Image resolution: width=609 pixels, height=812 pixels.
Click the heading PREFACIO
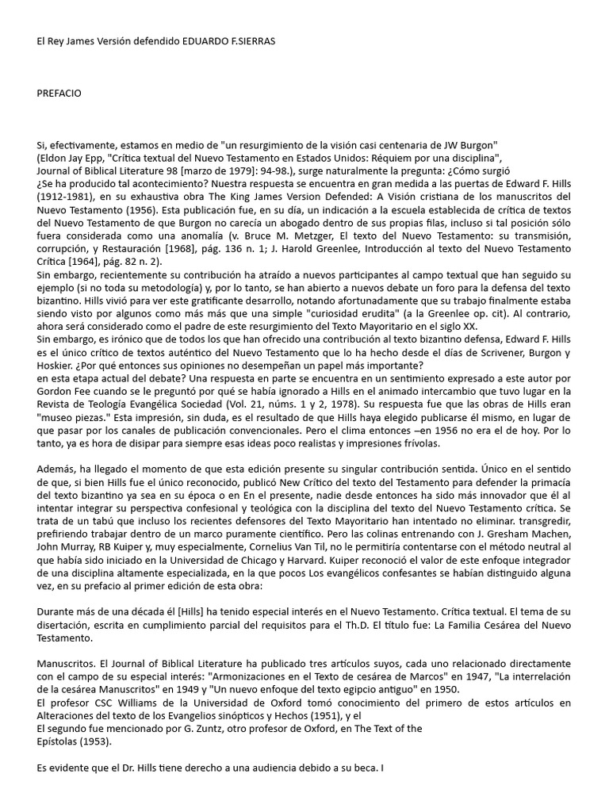(59, 94)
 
